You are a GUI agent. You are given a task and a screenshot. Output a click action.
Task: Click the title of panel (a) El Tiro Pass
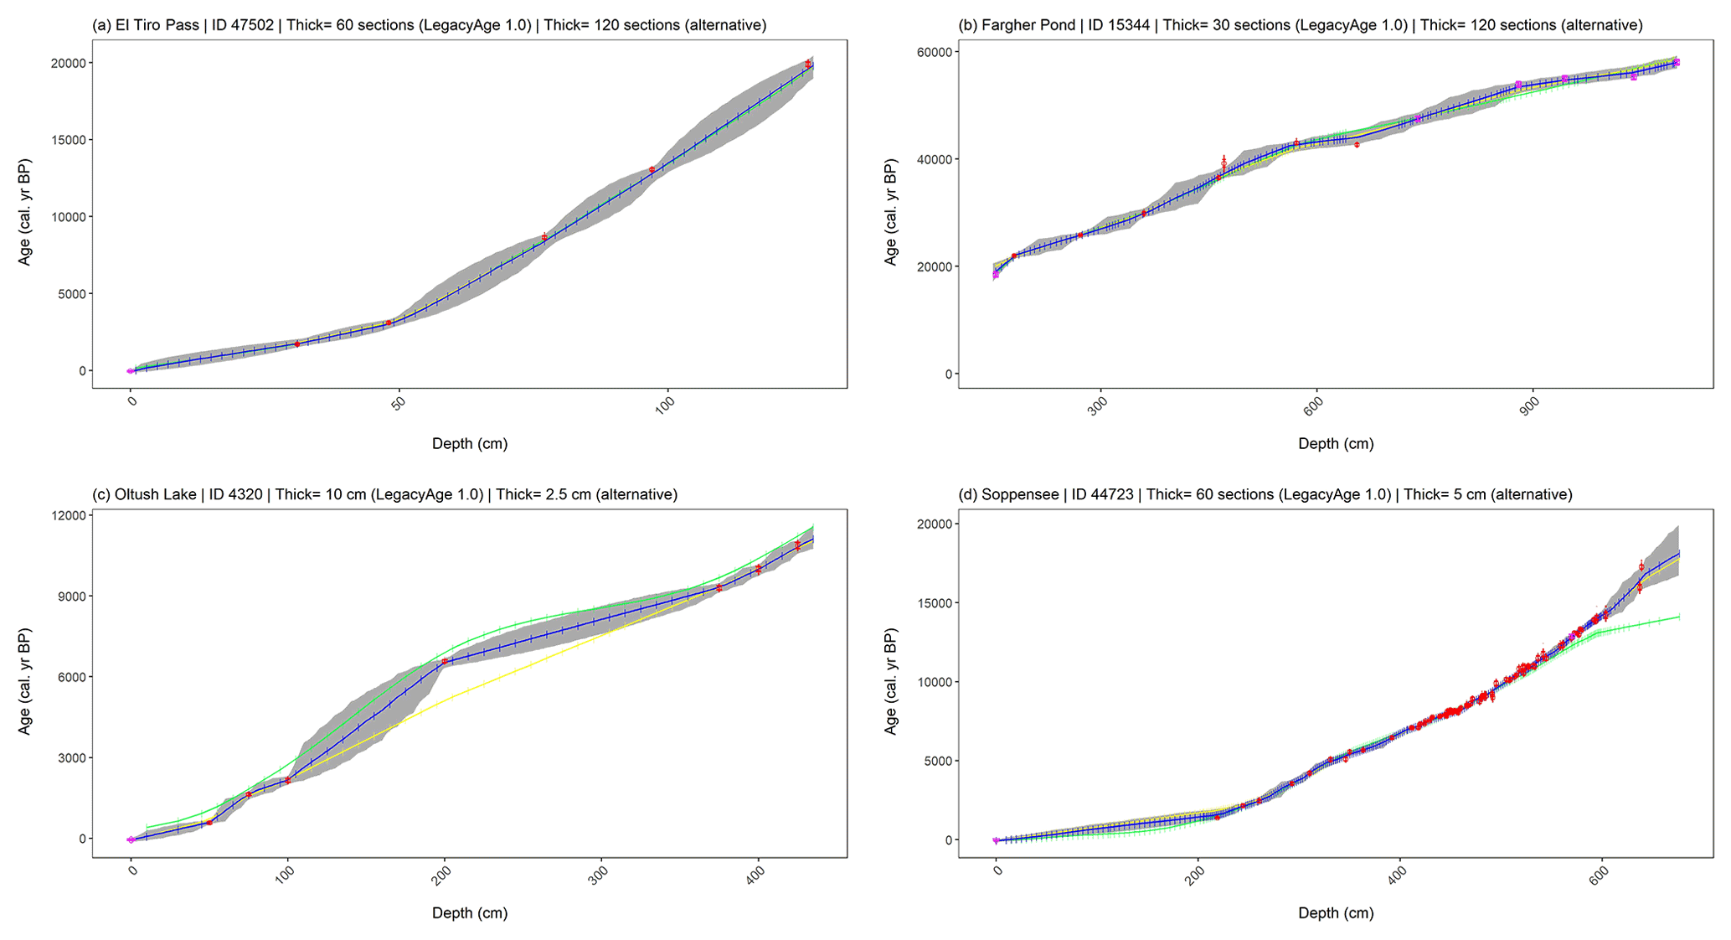pyautogui.click(x=429, y=25)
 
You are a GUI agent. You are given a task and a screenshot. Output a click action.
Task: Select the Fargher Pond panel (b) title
pyautogui.click(x=1300, y=25)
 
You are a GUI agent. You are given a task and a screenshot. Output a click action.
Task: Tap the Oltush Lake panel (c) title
pyautogui.click(x=384, y=494)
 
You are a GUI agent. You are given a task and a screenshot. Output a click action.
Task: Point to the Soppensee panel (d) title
pyautogui.click(x=1265, y=494)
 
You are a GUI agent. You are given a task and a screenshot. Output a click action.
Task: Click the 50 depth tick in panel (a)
pyautogui.click(x=399, y=402)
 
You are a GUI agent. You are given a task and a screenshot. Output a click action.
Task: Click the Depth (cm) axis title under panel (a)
pyautogui.click(x=470, y=444)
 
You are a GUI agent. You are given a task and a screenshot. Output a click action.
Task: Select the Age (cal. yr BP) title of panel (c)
pyautogui.click(x=25, y=680)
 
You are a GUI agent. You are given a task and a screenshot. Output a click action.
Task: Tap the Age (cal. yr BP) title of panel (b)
pyautogui.click(x=891, y=211)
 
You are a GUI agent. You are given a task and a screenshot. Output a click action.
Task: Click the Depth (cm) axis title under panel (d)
pyautogui.click(x=1336, y=913)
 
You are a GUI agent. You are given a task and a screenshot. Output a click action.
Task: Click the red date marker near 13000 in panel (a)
pyautogui.click(x=652, y=170)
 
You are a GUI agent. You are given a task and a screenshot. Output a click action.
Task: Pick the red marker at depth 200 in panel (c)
pyautogui.click(x=445, y=661)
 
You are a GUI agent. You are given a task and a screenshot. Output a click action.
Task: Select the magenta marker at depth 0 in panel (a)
pyautogui.click(x=131, y=371)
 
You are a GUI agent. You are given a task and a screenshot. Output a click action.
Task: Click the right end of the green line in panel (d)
pyautogui.click(x=1678, y=617)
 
